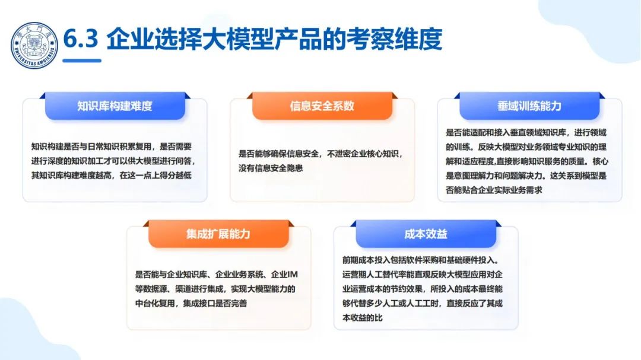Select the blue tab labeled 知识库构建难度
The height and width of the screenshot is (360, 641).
[x=115, y=106]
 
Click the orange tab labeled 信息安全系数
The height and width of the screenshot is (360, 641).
[x=322, y=106]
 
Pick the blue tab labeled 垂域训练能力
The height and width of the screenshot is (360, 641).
[x=529, y=106]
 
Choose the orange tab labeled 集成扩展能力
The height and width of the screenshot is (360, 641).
[x=218, y=234]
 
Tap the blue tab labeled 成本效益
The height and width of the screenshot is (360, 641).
[x=426, y=234]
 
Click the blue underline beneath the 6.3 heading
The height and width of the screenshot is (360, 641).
[x=82, y=60]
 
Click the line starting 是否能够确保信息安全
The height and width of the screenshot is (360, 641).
[x=320, y=154]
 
